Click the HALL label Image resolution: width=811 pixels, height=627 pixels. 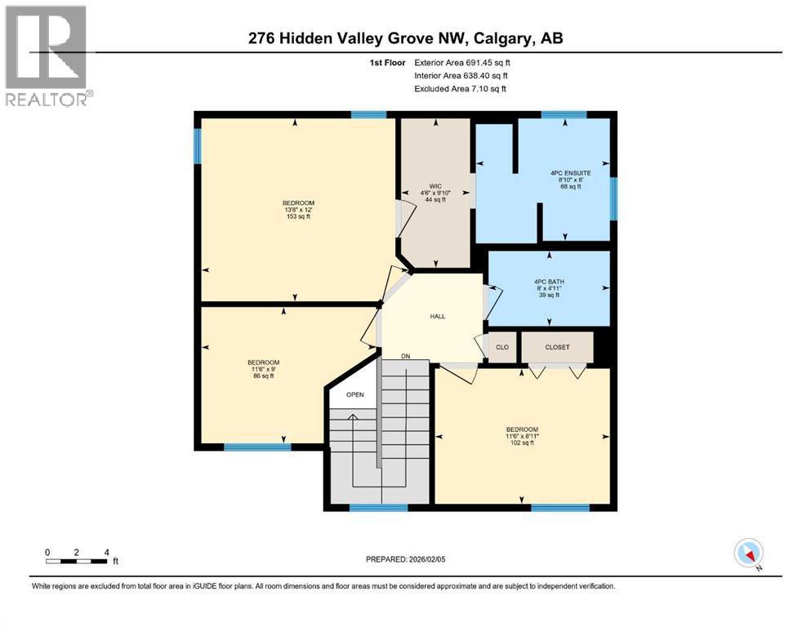coord(437,317)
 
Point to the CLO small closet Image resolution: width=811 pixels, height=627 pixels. coord(501,348)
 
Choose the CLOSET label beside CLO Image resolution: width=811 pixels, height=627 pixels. coord(557,347)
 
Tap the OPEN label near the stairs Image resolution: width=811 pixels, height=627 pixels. coord(354,395)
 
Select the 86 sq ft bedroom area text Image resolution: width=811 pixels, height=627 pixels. coord(264,376)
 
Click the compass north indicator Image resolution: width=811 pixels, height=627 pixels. coord(748,554)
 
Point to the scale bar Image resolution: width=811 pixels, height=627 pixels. coord(78,561)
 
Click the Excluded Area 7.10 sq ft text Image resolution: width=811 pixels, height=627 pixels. coord(460,88)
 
